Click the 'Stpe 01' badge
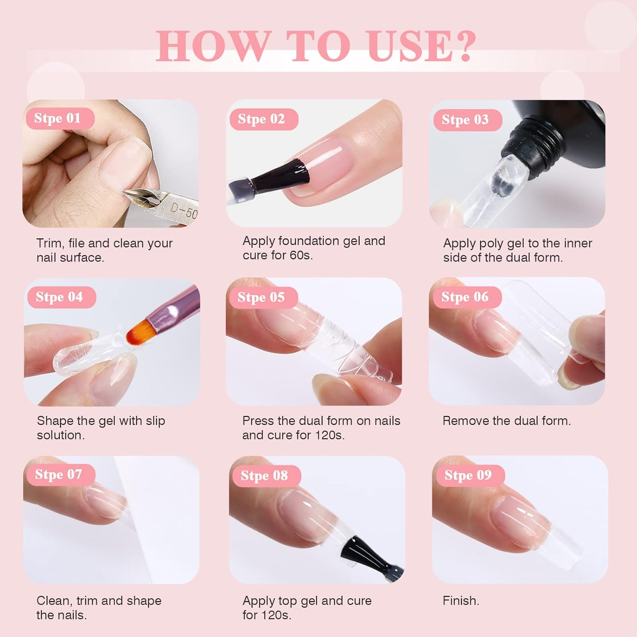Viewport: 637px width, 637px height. click(x=58, y=118)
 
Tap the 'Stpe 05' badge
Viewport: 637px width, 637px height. click(x=261, y=297)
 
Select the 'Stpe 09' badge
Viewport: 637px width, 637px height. click(x=468, y=475)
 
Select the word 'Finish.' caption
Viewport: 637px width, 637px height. click(x=461, y=600)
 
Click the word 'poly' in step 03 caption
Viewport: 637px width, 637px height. click(x=492, y=244)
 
